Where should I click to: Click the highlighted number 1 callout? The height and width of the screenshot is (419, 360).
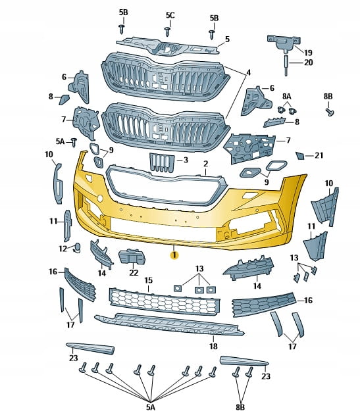pos(174,255)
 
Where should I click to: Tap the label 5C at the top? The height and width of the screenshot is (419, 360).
pos(170,15)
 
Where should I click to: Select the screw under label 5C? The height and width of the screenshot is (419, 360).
pos(168,32)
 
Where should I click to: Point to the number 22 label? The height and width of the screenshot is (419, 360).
pos(134,272)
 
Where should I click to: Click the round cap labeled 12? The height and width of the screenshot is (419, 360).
pos(77,248)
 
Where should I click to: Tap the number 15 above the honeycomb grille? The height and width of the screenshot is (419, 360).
pos(149,280)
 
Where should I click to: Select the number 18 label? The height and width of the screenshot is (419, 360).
pos(213,346)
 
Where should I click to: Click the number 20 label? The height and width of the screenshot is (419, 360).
pos(309,62)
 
